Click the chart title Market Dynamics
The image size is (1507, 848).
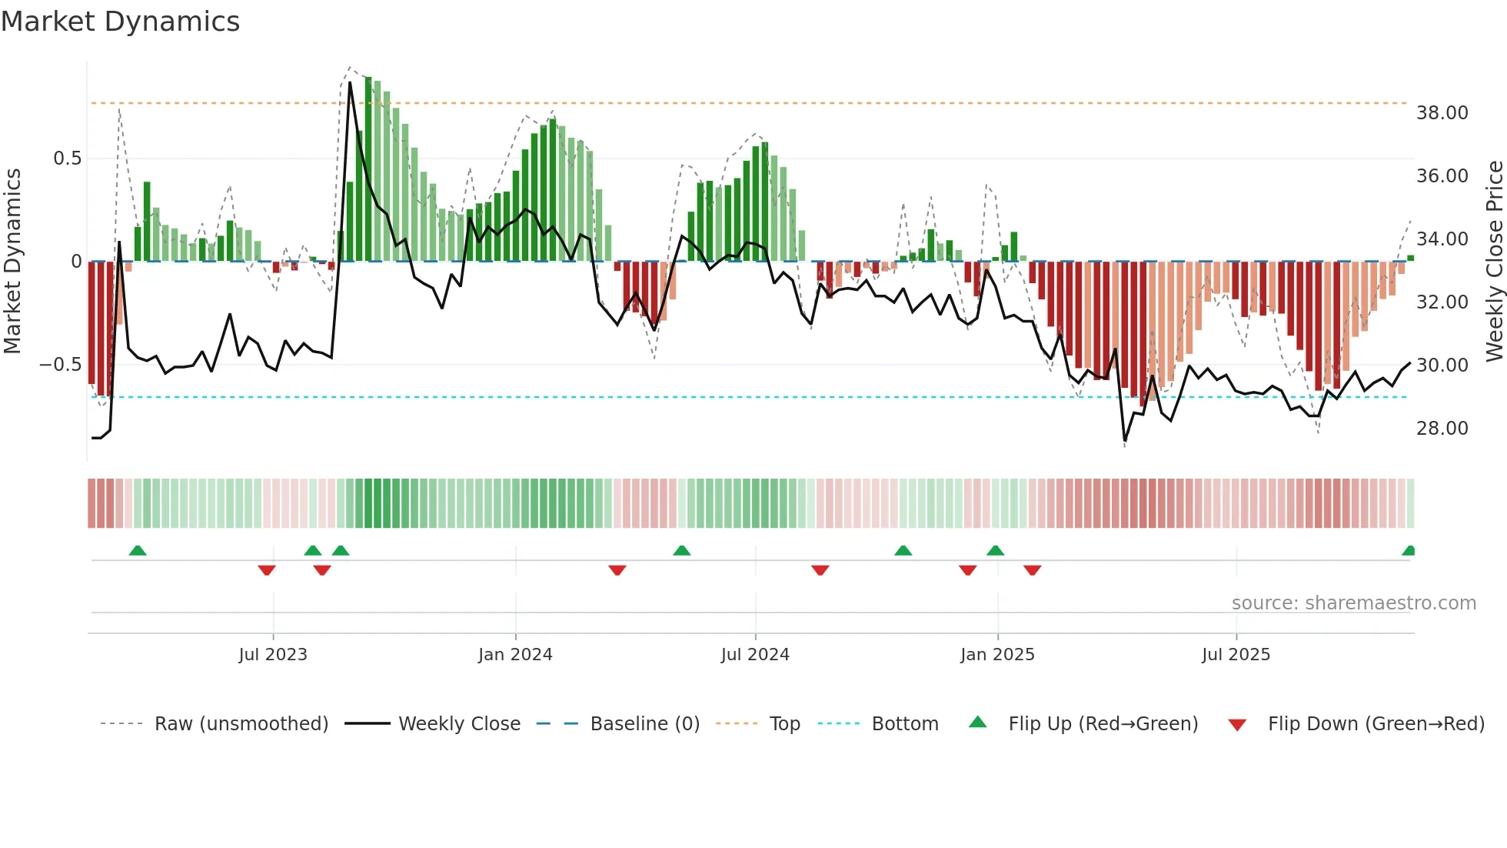click(120, 22)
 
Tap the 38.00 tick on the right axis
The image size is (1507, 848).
click(1442, 113)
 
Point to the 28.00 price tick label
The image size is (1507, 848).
click(1442, 429)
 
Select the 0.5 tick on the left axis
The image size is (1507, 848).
click(67, 159)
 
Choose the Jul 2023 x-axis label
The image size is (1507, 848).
click(273, 655)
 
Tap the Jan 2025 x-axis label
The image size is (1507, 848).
click(997, 655)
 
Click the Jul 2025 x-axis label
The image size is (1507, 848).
click(1236, 655)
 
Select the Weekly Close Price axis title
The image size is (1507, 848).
click(1494, 261)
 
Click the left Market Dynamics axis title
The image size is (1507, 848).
click(12, 261)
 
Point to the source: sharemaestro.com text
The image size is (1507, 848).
click(1353, 603)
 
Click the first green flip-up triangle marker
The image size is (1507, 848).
click(138, 551)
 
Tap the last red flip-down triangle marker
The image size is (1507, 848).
click(1032, 569)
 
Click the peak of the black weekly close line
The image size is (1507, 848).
click(350, 82)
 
